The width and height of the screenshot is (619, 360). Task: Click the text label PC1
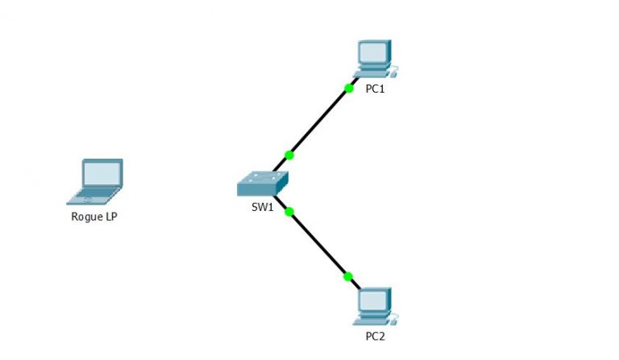375,89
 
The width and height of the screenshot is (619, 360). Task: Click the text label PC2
375,336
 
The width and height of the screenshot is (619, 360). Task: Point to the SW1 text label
263,207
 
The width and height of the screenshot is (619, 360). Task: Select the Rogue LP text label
95,216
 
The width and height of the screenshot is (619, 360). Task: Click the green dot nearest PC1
348,88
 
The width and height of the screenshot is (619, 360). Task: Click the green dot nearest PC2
348,276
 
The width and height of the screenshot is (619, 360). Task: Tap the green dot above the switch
289,155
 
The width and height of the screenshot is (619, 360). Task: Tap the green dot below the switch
289,212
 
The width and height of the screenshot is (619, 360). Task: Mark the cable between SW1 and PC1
318,122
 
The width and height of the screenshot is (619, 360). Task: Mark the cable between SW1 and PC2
319,245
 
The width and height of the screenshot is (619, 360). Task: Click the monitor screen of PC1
372,53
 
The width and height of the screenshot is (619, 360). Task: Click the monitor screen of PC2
372,300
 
